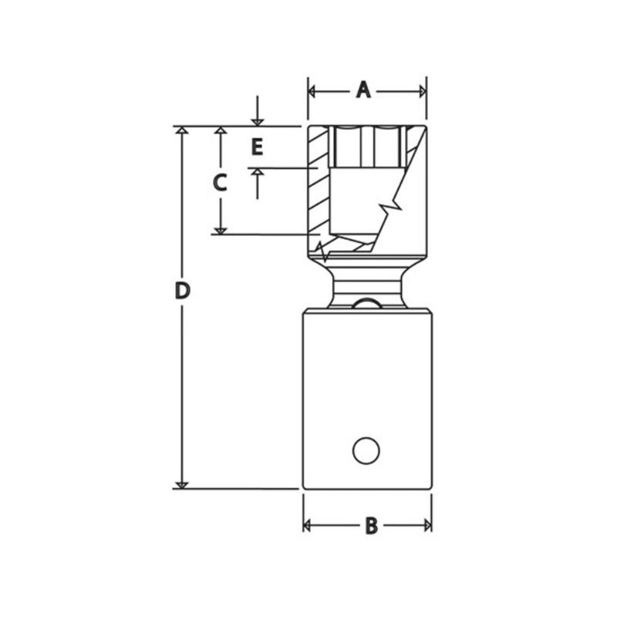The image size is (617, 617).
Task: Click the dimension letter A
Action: pyautogui.click(x=363, y=90)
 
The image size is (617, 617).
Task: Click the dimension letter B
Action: pyautogui.click(x=371, y=526)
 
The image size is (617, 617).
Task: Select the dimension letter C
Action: pyautogui.click(x=220, y=184)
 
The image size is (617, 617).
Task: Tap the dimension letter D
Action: pyautogui.click(x=182, y=291)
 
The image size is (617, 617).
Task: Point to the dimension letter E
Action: pyautogui.click(x=258, y=146)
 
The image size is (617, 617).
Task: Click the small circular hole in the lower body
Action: pyautogui.click(x=366, y=450)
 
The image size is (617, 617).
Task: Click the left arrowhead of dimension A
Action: pyautogui.click(x=312, y=91)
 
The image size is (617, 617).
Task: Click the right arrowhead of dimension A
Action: pyautogui.click(x=422, y=91)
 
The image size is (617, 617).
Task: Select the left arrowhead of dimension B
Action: pyautogui.click(x=307, y=526)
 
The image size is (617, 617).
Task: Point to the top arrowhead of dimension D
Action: pyautogui.click(x=182, y=131)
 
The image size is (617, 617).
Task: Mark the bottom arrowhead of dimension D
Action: pyautogui.click(x=182, y=484)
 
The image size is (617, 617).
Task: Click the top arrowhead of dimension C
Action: pyautogui.click(x=221, y=131)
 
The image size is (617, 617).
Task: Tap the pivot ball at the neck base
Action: pyautogui.click(x=367, y=303)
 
